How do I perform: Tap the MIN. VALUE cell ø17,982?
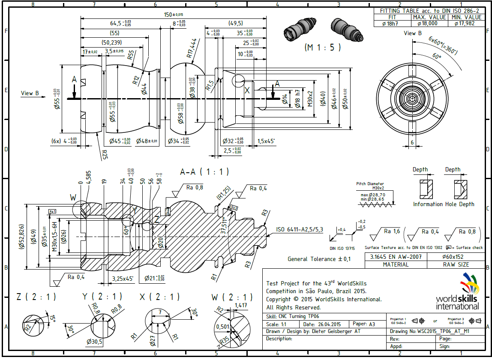[466, 24]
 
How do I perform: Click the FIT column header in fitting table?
[392, 18]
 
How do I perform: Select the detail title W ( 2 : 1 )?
[232, 297]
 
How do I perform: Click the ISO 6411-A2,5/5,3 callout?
[300, 229]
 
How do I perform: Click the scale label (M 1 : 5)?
[323, 48]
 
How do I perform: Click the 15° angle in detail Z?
[52, 318]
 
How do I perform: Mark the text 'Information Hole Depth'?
[443, 204]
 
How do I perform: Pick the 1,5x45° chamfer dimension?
[266, 141]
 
